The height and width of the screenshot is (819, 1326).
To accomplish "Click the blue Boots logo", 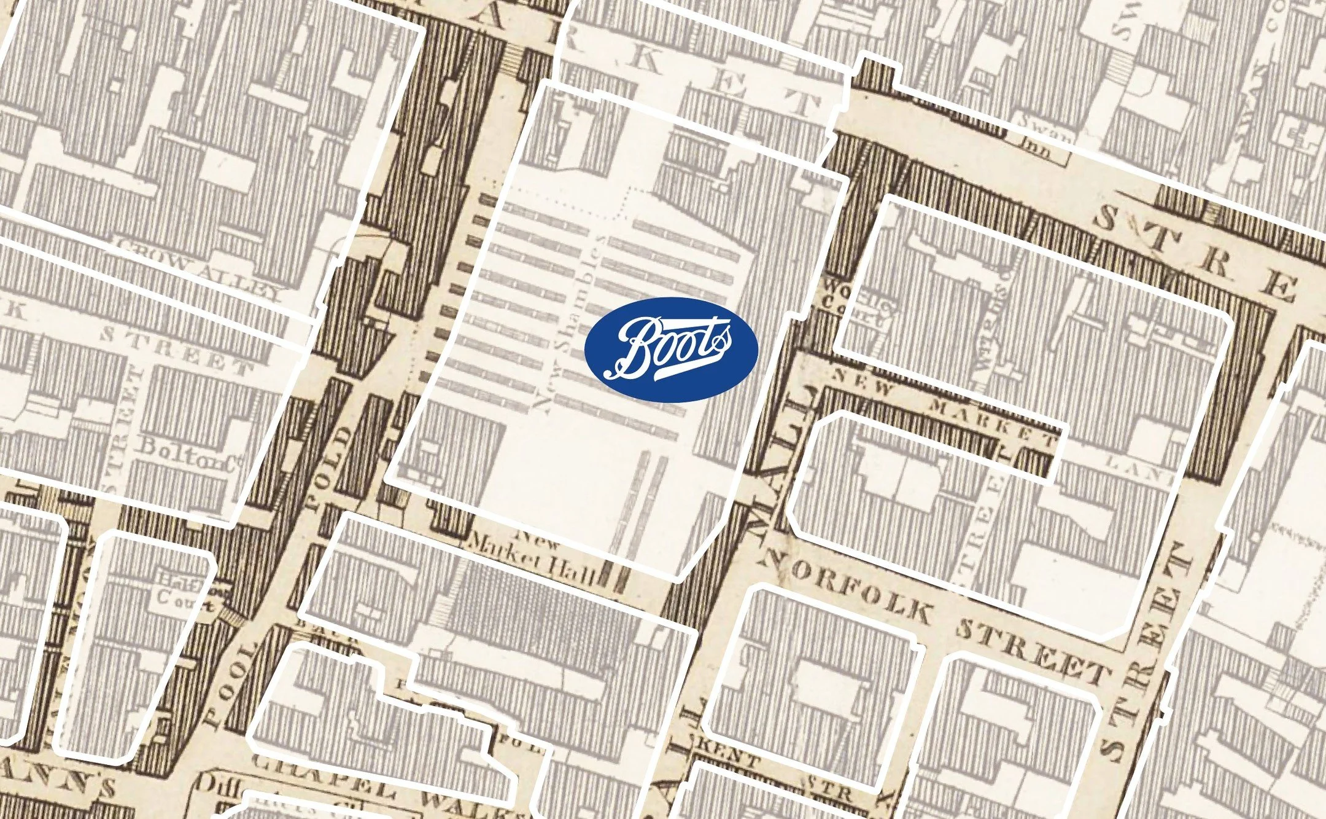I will [671, 349].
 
